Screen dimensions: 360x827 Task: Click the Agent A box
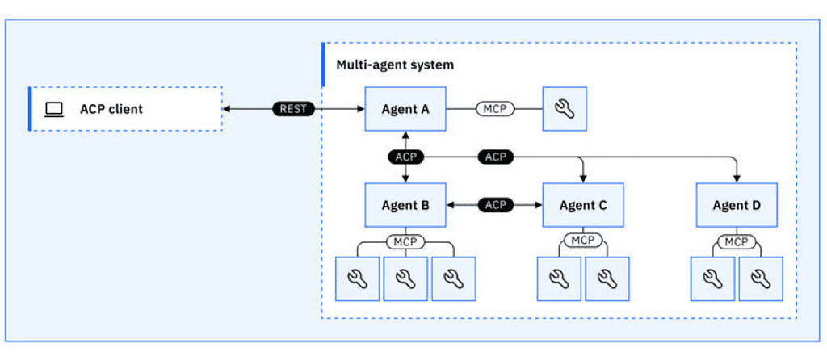click(x=405, y=108)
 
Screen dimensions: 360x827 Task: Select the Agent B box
click(x=405, y=205)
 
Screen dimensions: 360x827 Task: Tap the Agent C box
click(x=582, y=205)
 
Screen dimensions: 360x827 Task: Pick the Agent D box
click(x=736, y=205)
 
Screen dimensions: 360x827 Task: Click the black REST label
click(x=293, y=108)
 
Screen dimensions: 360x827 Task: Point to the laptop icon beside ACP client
click(x=54, y=109)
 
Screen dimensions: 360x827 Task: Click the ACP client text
click(x=111, y=109)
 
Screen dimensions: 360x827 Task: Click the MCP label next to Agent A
click(x=494, y=108)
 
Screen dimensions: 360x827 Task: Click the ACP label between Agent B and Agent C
click(x=495, y=205)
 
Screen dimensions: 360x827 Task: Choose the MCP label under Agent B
click(x=405, y=241)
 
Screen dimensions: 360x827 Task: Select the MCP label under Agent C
click(x=582, y=241)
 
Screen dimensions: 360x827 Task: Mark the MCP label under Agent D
click(x=736, y=241)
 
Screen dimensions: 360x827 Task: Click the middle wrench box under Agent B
click(x=405, y=278)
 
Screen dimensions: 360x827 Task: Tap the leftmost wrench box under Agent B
click(x=357, y=278)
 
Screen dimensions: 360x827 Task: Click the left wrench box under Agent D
click(x=712, y=278)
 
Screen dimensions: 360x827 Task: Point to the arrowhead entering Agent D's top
click(x=736, y=178)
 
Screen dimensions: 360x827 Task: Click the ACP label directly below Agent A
click(x=405, y=156)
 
